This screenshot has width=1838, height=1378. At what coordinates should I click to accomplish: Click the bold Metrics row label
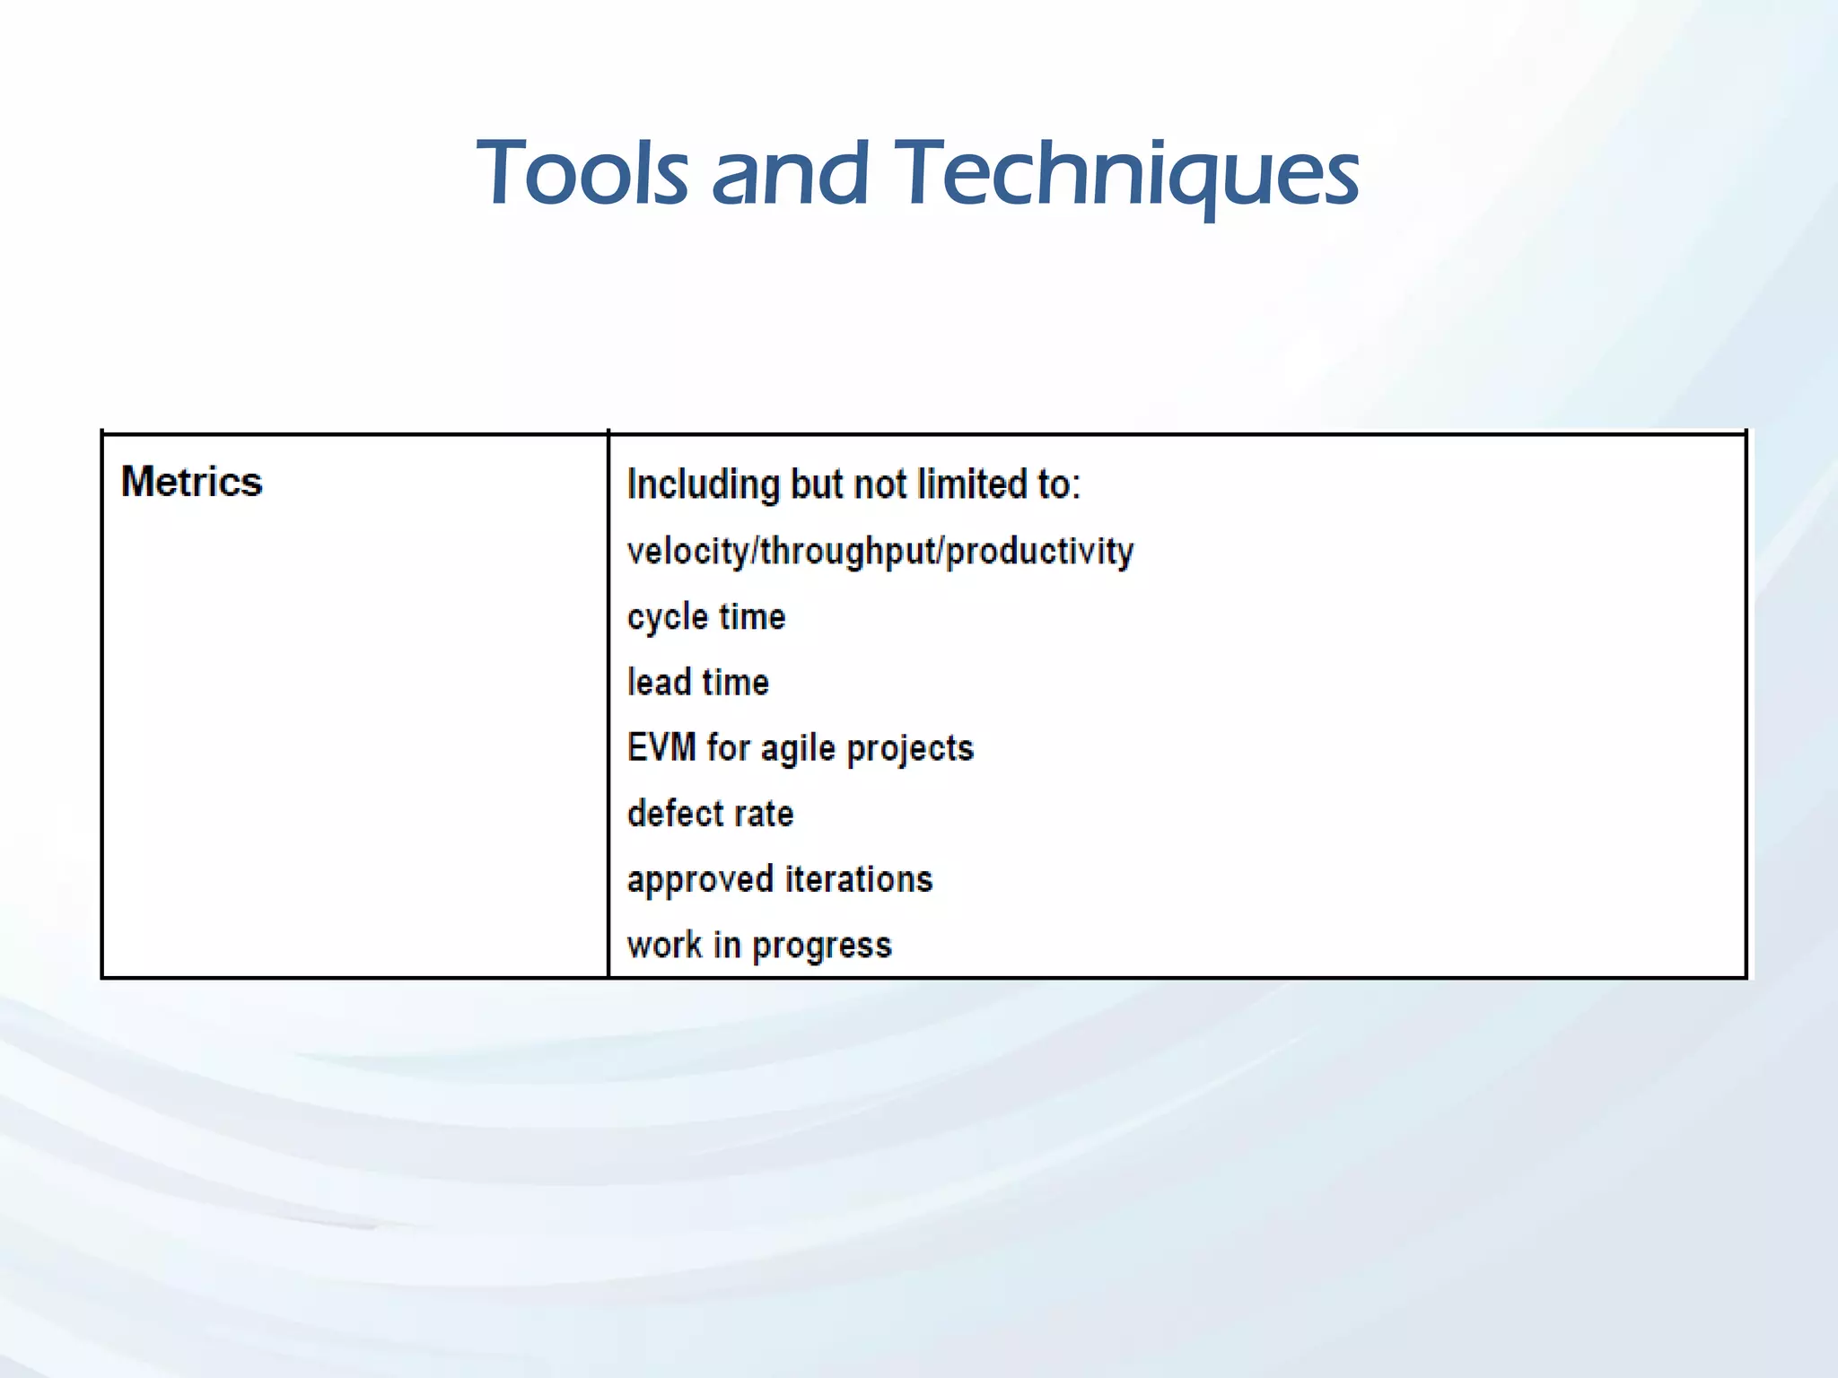[192, 482]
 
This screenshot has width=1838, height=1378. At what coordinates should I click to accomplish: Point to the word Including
[704, 485]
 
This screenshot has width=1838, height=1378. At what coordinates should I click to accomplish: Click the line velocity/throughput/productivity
[880, 551]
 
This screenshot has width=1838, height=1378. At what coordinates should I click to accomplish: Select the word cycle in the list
[668, 617]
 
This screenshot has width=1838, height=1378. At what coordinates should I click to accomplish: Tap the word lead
[659, 682]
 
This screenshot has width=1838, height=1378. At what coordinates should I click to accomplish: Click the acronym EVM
[661, 747]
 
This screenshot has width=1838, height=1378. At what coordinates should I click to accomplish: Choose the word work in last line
[665, 945]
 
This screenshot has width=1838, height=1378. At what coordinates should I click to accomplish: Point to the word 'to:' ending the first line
[1060, 484]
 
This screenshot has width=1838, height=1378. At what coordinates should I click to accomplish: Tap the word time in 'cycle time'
[752, 617]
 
